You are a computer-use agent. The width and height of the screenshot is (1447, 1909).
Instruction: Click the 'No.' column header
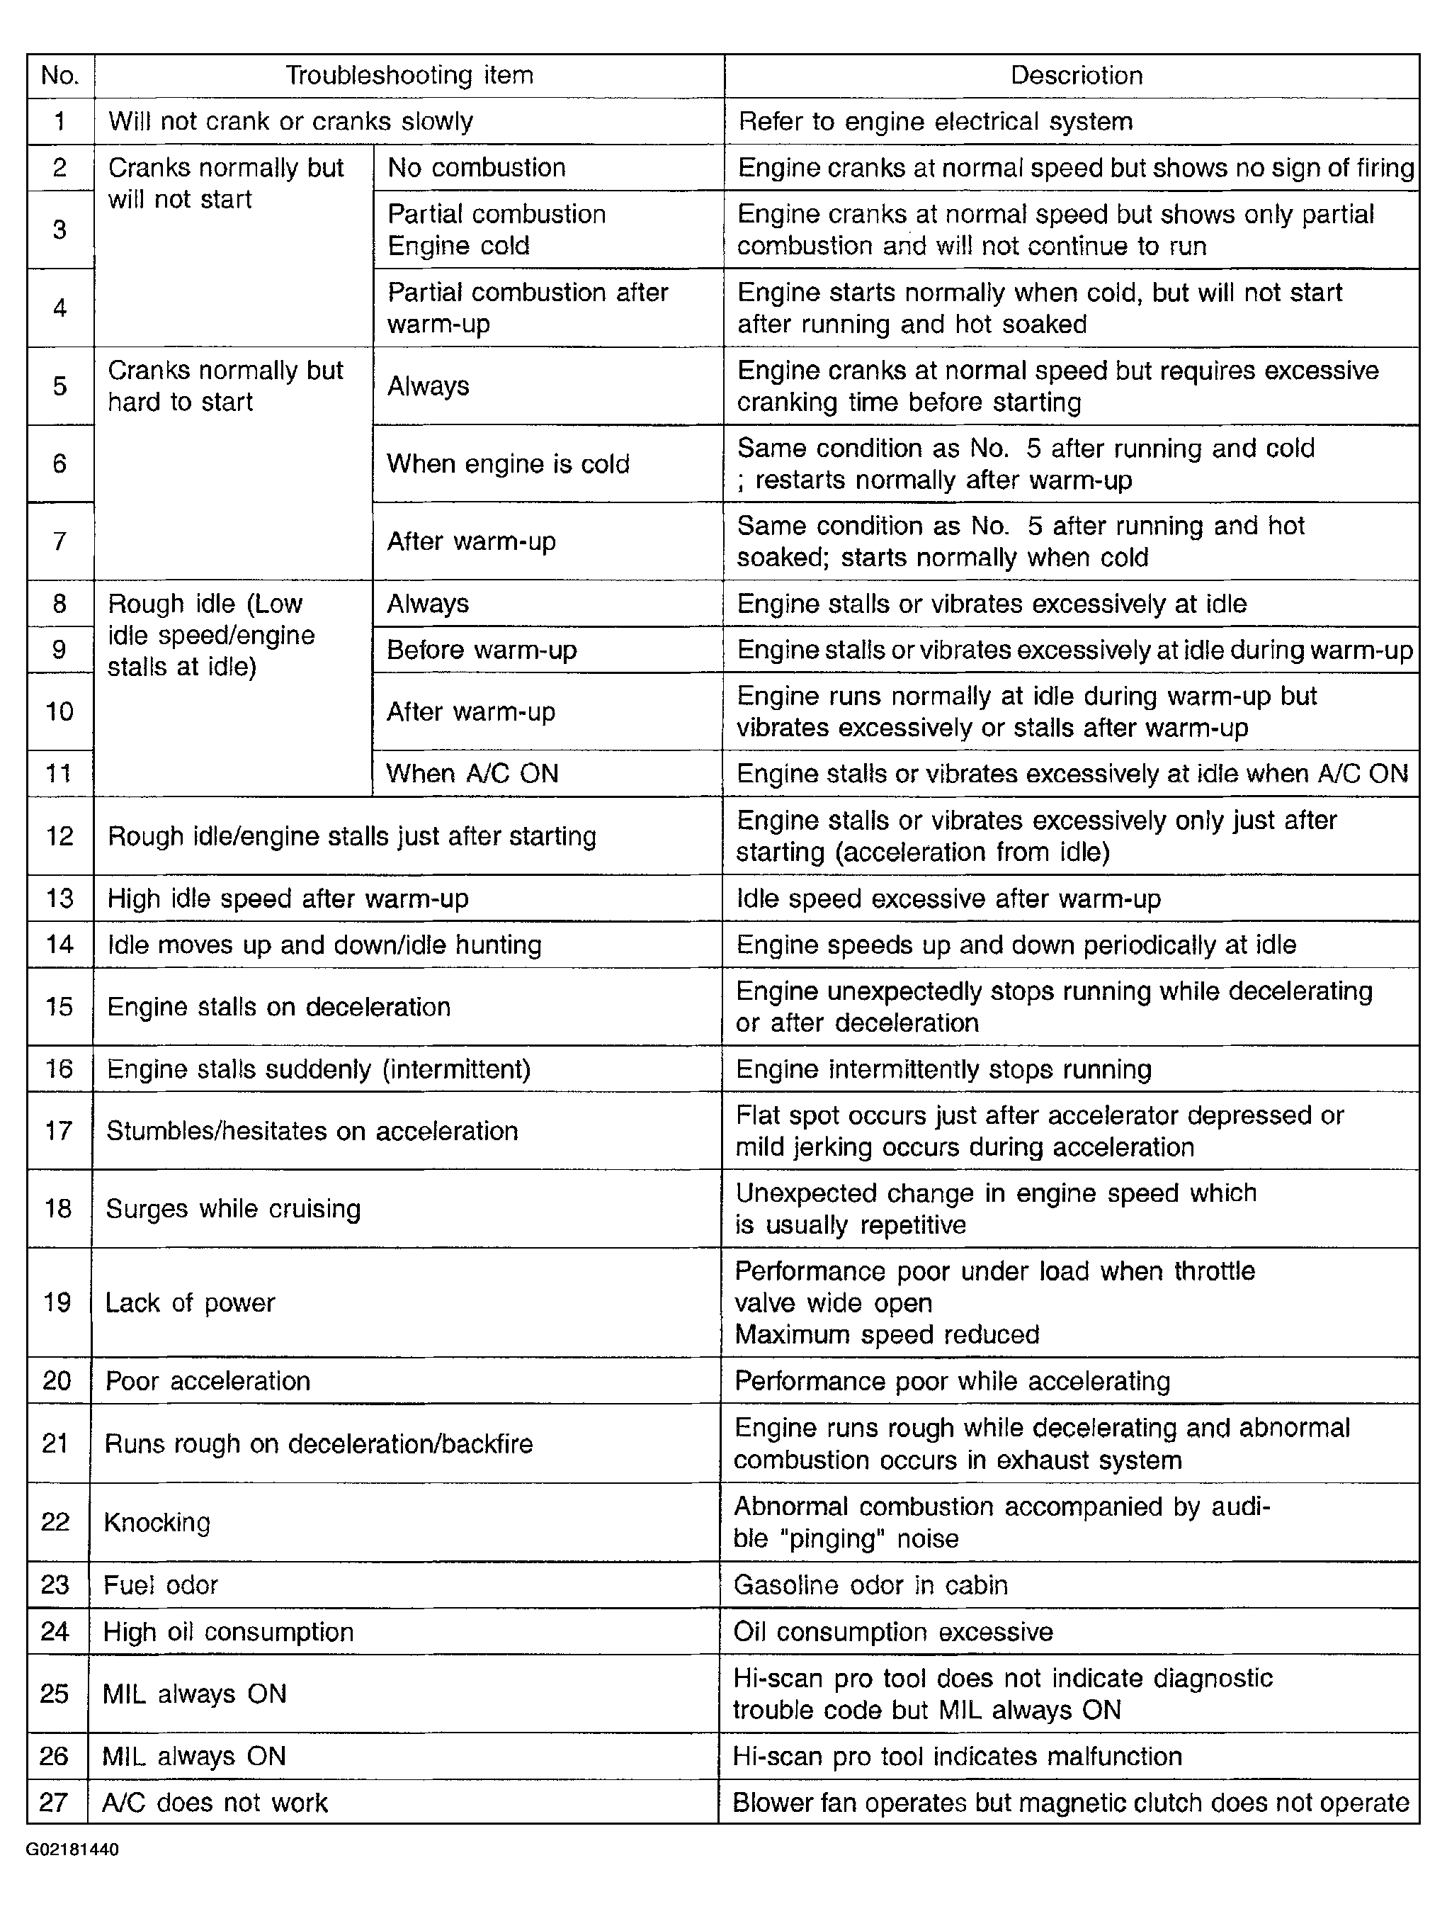click(x=59, y=76)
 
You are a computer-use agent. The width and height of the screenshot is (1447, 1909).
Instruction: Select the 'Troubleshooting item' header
click(x=409, y=76)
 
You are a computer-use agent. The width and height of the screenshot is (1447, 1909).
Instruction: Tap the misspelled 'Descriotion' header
click(x=1076, y=76)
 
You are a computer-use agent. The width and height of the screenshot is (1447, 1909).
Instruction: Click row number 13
click(x=59, y=899)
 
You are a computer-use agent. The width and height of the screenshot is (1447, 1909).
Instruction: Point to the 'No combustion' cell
click(x=476, y=167)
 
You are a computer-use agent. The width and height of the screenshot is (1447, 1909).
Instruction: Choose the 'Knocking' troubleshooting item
click(x=157, y=1521)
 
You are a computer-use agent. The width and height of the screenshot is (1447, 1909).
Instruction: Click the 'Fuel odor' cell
click(x=161, y=1584)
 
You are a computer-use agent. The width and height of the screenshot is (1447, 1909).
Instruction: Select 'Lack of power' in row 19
click(x=190, y=1302)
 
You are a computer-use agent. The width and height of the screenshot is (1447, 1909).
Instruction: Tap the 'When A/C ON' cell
click(x=472, y=773)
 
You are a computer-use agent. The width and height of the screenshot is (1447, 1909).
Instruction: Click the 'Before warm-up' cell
click(x=482, y=650)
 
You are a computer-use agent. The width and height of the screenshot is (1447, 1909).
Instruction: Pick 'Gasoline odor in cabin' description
click(x=870, y=1584)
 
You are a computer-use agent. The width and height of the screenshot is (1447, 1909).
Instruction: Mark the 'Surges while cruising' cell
click(x=233, y=1208)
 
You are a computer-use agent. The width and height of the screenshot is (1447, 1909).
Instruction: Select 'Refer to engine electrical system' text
click(x=936, y=122)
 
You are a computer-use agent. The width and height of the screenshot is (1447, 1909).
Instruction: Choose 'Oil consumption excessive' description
click(x=893, y=1632)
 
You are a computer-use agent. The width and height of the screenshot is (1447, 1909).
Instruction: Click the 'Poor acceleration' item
click(x=208, y=1381)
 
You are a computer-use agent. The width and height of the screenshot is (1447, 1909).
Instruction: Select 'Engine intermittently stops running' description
click(x=943, y=1069)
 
